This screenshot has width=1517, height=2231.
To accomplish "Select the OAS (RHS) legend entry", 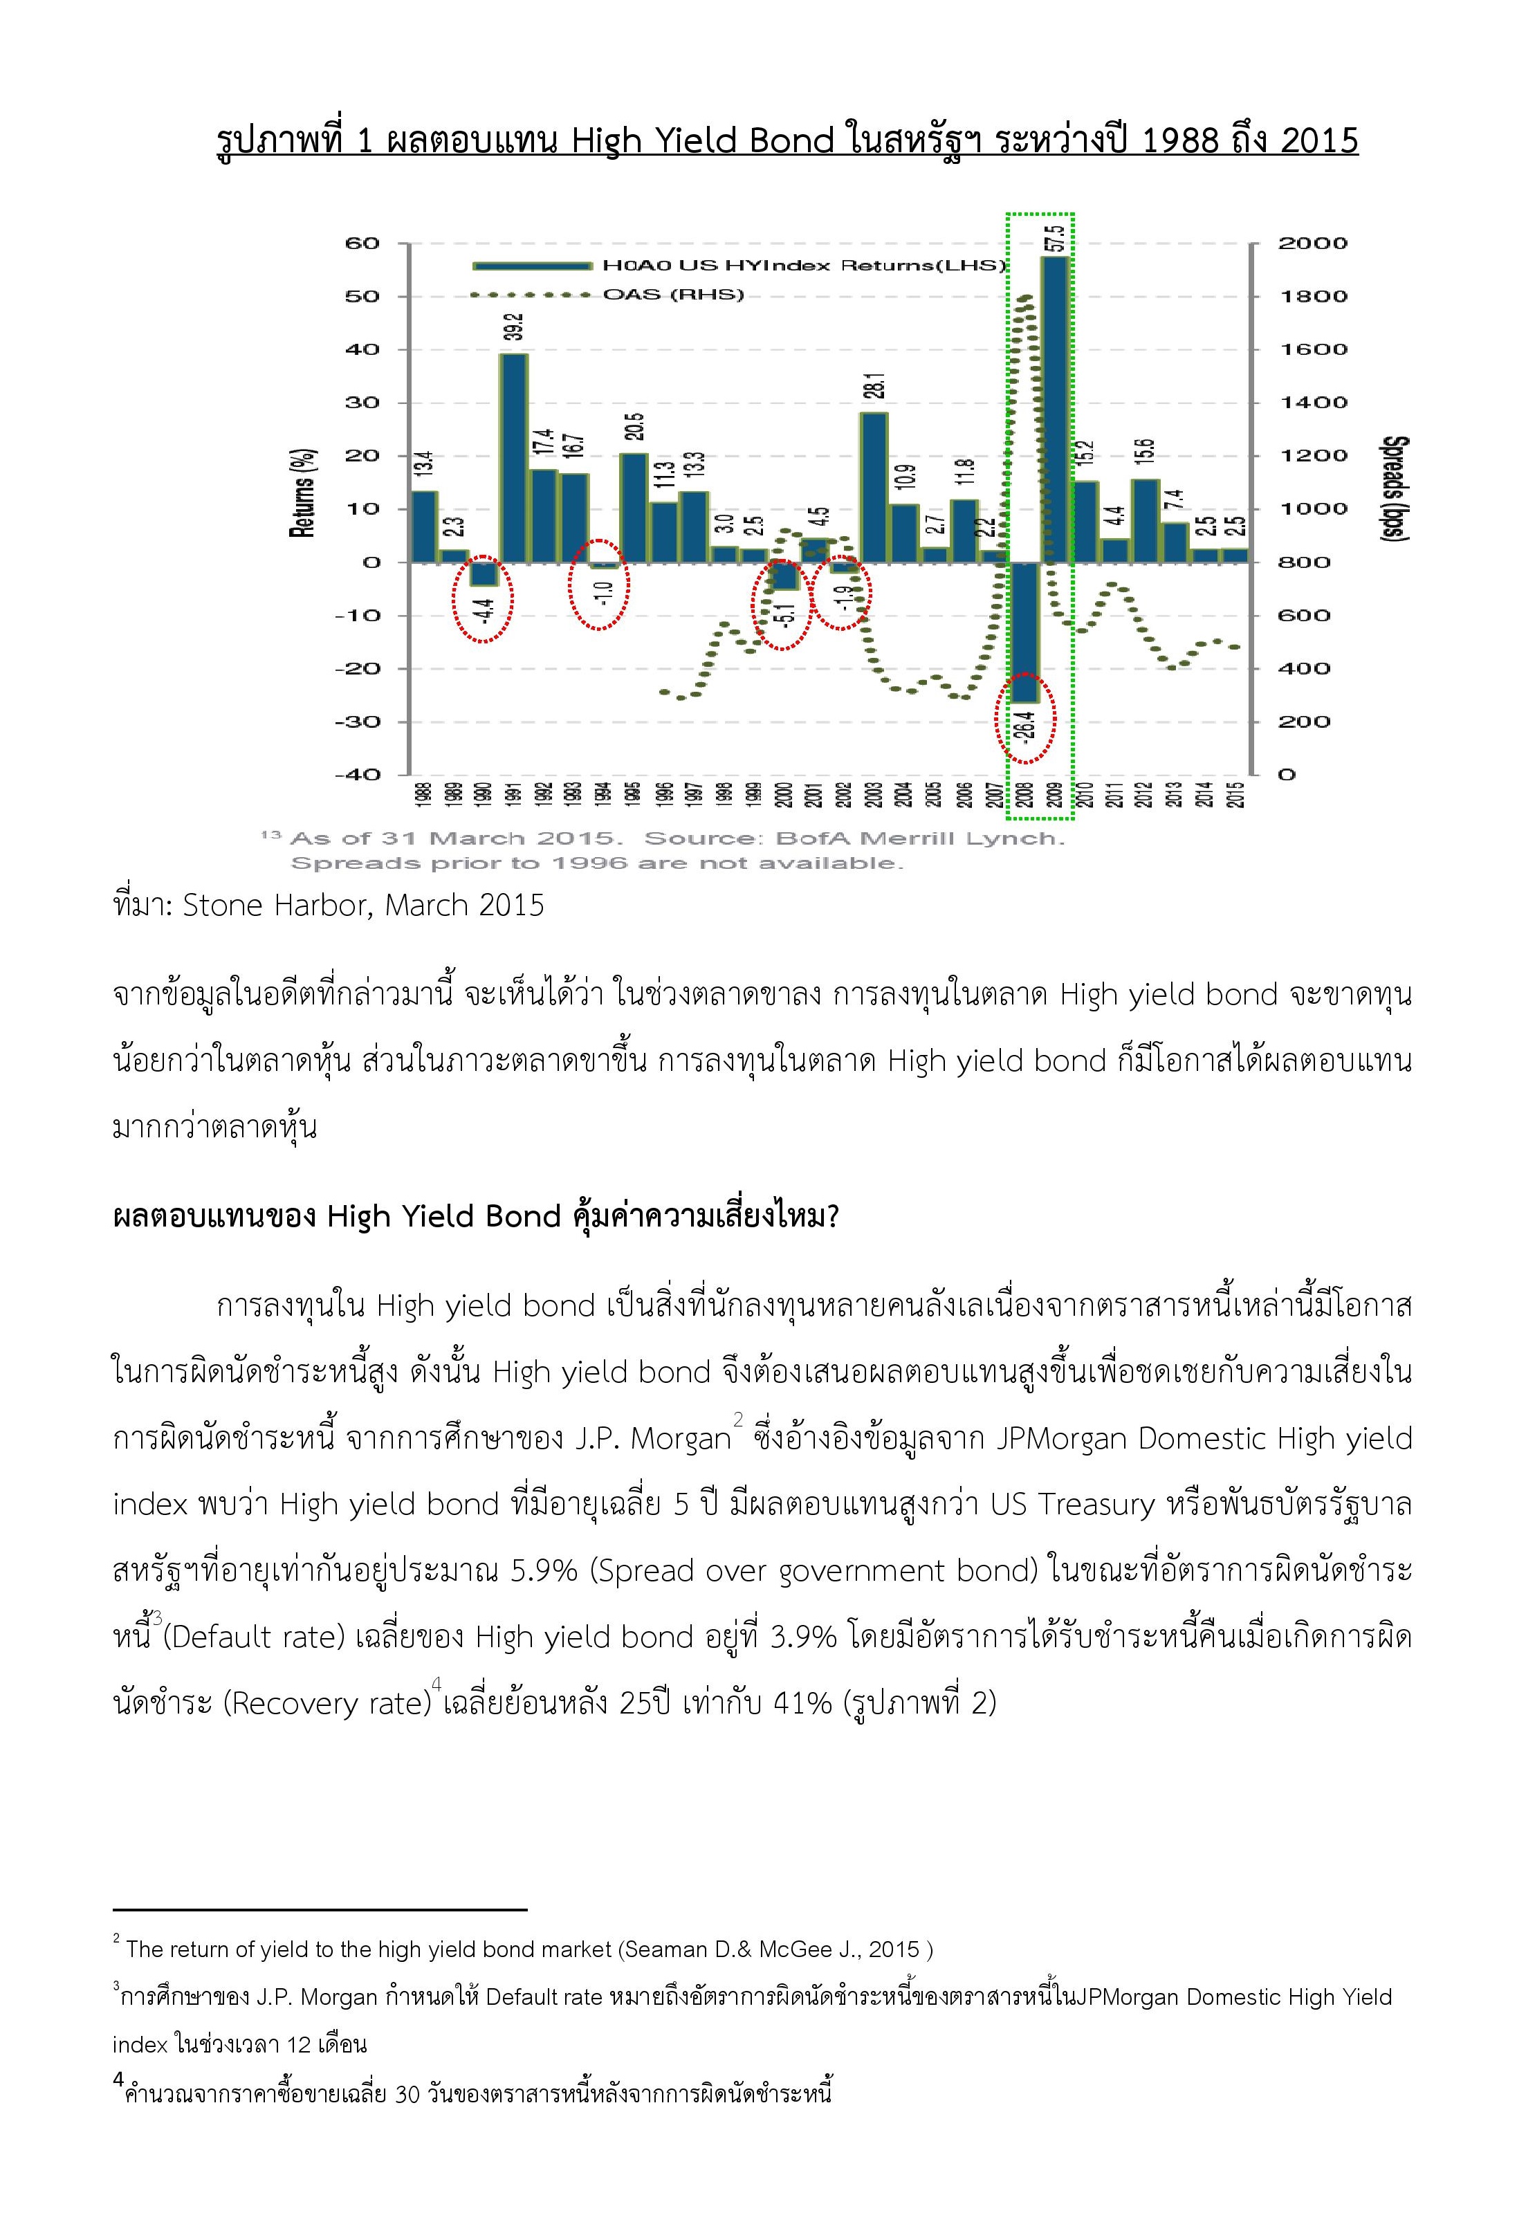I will tap(672, 295).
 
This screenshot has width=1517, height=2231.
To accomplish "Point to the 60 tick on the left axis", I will tap(363, 244).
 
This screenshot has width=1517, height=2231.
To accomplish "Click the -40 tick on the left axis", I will tap(356, 775).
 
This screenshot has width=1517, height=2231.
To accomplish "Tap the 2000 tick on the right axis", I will tap(1312, 244).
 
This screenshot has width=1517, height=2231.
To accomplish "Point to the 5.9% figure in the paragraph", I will tap(544, 1570).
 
